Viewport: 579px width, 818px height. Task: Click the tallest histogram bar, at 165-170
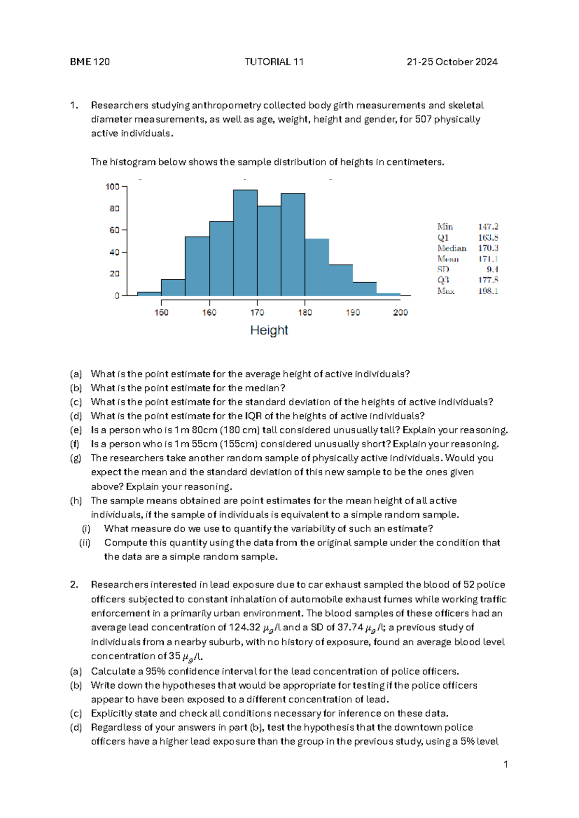(x=245, y=243)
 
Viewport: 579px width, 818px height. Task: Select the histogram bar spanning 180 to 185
(x=317, y=267)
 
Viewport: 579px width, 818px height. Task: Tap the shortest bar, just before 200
(x=388, y=294)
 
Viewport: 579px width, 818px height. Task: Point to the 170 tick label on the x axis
(x=257, y=313)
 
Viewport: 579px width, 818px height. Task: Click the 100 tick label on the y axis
(x=112, y=187)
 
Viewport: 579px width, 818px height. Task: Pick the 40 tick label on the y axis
(x=114, y=252)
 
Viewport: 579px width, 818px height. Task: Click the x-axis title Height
(x=269, y=330)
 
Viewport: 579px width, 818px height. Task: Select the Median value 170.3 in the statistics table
(x=488, y=248)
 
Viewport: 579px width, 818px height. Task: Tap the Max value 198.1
(x=488, y=291)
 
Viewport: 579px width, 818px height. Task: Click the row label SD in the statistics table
(x=443, y=270)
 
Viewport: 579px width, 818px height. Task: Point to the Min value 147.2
(x=488, y=227)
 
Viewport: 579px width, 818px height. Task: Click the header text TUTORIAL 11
(x=274, y=62)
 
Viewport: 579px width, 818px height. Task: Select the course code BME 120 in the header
(x=90, y=62)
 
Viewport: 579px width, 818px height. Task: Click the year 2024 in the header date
(x=486, y=62)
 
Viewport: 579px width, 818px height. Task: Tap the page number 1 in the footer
(x=505, y=764)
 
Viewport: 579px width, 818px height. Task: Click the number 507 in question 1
(x=423, y=119)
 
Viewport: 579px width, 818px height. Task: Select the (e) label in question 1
(x=76, y=430)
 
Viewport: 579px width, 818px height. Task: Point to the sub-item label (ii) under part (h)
(x=85, y=543)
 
